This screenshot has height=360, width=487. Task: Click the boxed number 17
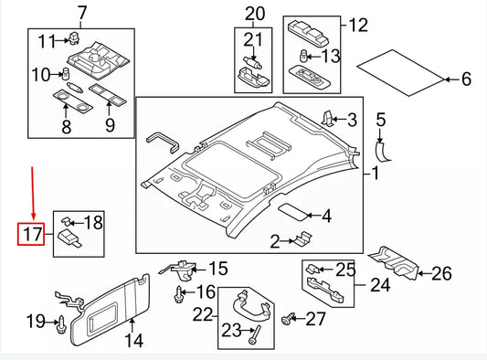(x=32, y=235)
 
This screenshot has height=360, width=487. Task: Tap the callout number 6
(x=465, y=79)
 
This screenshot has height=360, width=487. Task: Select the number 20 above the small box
(x=254, y=13)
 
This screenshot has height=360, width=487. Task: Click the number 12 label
(x=359, y=26)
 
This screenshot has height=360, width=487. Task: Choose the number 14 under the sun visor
(x=134, y=342)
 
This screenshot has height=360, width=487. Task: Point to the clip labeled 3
(x=328, y=117)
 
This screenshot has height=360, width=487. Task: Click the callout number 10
(x=41, y=74)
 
